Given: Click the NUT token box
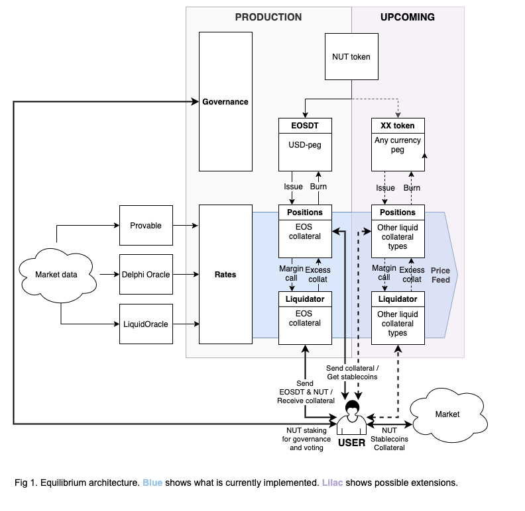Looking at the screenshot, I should (x=351, y=56).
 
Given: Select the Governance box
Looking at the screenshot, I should (x=225, y=101).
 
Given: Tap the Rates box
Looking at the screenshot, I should (x=225, y=274).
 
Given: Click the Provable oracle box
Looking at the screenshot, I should (x=146, y=226).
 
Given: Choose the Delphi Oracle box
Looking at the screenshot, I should (x=146, y=274).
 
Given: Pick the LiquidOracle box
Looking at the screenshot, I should (x=146, y=324).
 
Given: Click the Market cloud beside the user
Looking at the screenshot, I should (x=447, y=414).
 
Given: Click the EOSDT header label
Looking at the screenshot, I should (x=305, y=126).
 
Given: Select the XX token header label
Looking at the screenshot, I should (x=398, y=126).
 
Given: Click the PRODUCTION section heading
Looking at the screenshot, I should (x=268, y=17).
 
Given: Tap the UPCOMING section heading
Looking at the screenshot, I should (x=408, y=17).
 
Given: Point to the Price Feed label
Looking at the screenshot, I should (x=440, y=275).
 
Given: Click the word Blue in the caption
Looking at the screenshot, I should (x=152, y=483).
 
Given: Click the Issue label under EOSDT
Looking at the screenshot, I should (x=293, y=187).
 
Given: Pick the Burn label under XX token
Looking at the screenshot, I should (x=412, y=188).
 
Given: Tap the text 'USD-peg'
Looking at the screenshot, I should (x=305, y=144).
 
